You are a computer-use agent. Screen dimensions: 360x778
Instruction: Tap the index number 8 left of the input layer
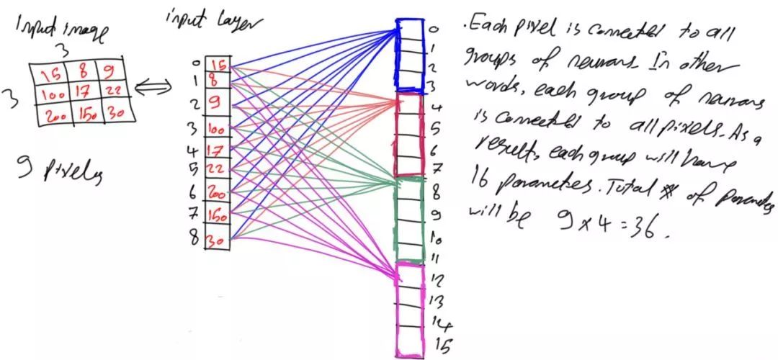pos(194,238)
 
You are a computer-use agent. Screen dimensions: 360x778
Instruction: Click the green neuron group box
pos(409,220)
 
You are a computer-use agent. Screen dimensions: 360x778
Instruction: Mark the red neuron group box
pos(409,135)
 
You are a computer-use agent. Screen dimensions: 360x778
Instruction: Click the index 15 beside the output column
pos(443,346)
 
